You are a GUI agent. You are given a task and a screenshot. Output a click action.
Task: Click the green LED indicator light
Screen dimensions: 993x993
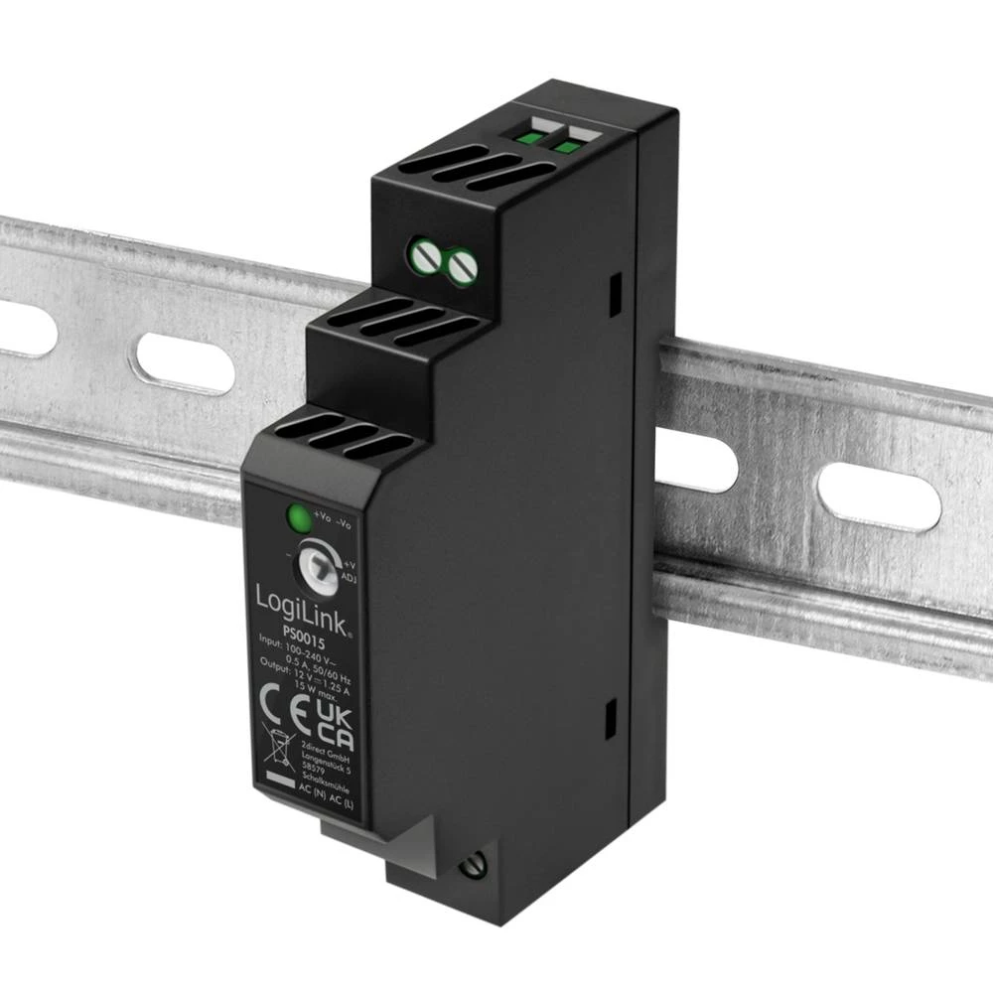(x=296, y=517)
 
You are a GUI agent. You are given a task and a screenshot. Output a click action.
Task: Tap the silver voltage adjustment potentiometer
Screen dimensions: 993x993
(x=317, y=565)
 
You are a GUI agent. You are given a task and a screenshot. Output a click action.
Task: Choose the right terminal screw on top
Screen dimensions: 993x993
(x=460, y=265)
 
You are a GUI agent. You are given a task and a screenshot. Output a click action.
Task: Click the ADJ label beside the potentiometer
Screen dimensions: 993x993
(x=349, y=577)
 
